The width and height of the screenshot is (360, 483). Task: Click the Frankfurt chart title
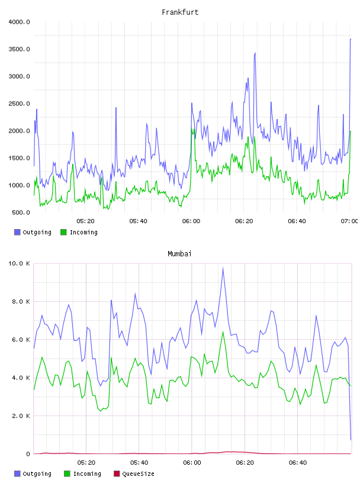[180, 12]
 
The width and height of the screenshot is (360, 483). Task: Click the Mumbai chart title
[179, 254]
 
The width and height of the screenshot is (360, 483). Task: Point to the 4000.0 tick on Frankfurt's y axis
[19, 22]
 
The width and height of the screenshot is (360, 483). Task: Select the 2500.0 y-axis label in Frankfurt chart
[19, 104]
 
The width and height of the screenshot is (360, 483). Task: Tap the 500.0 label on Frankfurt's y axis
[21, 212]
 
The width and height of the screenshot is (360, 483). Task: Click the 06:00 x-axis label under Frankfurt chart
[191, 221]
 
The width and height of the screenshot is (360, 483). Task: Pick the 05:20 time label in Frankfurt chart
[85, 221]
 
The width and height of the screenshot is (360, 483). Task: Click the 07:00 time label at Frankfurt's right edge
[349, 221]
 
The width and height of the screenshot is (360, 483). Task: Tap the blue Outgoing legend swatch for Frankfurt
[17, 232]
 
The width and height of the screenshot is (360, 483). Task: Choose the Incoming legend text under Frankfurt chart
[83, 233]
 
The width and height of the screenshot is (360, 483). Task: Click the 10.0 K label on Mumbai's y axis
[19, 263]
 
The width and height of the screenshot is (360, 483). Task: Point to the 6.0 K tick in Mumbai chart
[21, 339]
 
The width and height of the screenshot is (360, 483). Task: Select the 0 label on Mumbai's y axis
[28, 454]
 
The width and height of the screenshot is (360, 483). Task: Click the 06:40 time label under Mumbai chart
[298, 463]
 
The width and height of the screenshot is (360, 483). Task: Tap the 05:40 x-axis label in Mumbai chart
[139, 463]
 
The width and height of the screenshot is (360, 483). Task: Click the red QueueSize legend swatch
[117, 474]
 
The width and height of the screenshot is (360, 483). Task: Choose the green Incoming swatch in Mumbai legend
[67, 474]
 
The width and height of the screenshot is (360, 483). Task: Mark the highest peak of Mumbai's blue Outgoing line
[223, 268]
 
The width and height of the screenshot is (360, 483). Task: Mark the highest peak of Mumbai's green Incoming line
[223, 331]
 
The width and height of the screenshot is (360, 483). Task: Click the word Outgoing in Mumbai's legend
[37, 474]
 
